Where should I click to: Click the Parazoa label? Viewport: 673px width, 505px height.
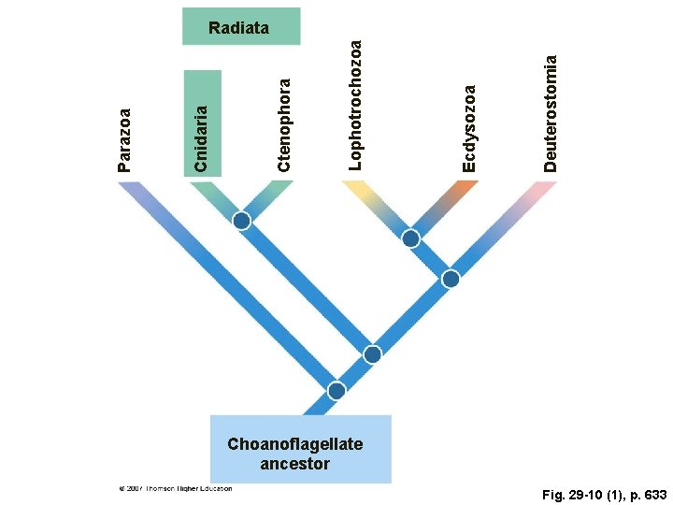coord(125,138)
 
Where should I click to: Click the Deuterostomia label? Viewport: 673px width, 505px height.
coord(551,111)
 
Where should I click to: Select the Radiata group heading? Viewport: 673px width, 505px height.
coord(239,28)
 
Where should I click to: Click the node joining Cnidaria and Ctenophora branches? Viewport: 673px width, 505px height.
coord(242,221)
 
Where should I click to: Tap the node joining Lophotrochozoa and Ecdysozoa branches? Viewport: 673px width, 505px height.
coord(410,238)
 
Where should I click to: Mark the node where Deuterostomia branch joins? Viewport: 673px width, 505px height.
coord(451,279)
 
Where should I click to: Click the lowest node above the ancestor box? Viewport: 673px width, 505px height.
coord(336,390)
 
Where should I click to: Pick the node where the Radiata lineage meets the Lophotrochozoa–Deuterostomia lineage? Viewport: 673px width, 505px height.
coord(373,354)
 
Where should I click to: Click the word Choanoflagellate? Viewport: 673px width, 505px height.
coord(294,444)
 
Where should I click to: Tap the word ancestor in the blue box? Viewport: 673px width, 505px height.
coord(295,463)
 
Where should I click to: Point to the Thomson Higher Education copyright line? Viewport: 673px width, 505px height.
coord(175,487)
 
